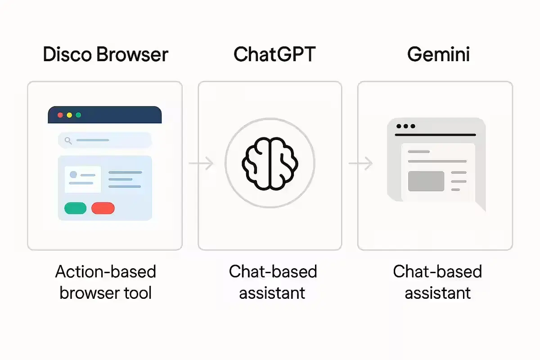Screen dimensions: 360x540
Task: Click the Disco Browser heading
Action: tap(105, 54)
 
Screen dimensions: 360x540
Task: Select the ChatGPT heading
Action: tap(274, 54)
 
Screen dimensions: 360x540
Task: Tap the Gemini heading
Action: tap(438, 54)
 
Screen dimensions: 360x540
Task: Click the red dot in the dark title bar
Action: tap(61, 115)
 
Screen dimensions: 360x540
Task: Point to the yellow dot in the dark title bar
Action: tap(69, 115)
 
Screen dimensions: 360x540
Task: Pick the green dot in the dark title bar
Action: tap(78, 115)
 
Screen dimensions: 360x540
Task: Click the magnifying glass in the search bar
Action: tap(68, 140)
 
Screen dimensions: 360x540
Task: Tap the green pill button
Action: tap(75, 208)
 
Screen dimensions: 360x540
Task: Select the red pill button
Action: tap(103, 208)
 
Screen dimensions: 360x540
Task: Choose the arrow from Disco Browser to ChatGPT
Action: tap(201, 163)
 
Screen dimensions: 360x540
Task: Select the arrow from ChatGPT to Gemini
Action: tap(361, 163)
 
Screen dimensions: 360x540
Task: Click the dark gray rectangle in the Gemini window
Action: tap(426, 181)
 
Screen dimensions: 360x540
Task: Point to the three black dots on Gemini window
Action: tap(406, 126)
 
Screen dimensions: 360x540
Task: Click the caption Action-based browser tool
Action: tap(105, 282)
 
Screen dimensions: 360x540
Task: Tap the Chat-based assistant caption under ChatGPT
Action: tap(273, 282)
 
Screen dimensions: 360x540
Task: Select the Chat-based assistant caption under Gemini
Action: tap(437, 282)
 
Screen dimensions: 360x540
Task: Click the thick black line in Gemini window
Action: tap(435, 135)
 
